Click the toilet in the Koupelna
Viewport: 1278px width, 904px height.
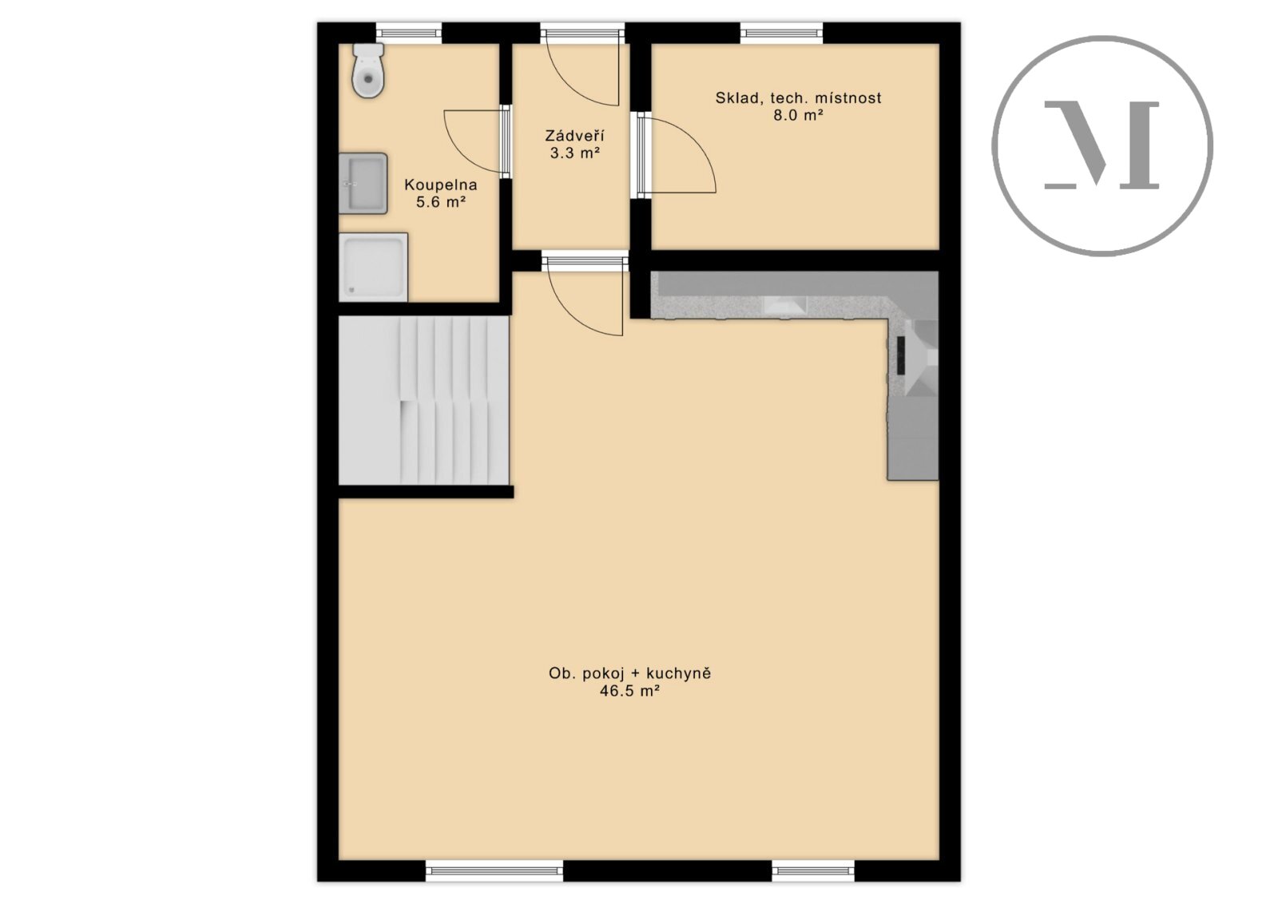click(368, 71)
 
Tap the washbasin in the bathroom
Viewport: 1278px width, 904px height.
click(363, 183)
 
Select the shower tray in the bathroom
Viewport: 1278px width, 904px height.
click(373, 267)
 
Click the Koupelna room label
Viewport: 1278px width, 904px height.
click(440, 184)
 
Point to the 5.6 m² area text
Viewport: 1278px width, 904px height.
click(440, 202)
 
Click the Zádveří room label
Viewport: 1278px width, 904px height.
click(574, 136)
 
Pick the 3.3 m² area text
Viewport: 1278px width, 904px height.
click(574, 153)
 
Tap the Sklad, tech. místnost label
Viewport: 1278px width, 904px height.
click(798, 98)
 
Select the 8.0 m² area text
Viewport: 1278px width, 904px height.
click(798, 115)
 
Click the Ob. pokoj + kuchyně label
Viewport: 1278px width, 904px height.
click(630, 673)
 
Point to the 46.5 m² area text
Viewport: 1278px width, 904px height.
click(630, 692)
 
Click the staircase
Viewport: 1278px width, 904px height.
click(424, 401)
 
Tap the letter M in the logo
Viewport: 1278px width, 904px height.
click(1101, 145)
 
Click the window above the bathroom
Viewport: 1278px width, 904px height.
click(409, 33)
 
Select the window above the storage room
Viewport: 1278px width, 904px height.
click(782, 33)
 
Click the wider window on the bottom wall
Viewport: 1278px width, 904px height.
click(494, 886)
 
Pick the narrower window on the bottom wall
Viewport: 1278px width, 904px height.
click(813, 886)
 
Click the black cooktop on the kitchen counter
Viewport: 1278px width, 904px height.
click(901, 355)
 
